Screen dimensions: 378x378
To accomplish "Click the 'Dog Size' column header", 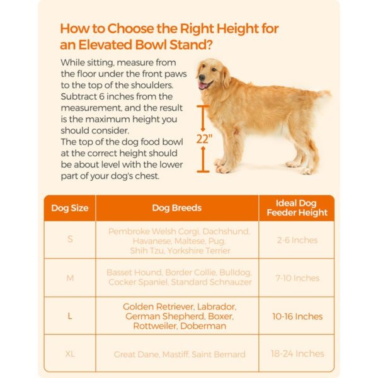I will [x=69, y=208].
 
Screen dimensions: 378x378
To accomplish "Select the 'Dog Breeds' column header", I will [x=177, y=208].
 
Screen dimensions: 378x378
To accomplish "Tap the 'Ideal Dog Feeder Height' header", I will [x=297, y=208].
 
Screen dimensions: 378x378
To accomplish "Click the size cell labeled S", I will [x=69, y=240].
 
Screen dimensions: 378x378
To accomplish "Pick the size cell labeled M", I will [x=69, y=278].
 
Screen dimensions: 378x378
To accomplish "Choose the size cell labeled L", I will [x=69, y=316].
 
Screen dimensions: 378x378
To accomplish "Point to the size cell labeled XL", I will [x=69, y=354].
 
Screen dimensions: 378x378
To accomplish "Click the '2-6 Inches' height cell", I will [x=297, y=240].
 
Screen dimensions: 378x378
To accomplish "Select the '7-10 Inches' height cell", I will [x=297, y=278].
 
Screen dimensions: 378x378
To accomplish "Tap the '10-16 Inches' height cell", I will [x=297, y=316].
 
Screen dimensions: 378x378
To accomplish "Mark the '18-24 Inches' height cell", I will [x=297, y=354].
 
